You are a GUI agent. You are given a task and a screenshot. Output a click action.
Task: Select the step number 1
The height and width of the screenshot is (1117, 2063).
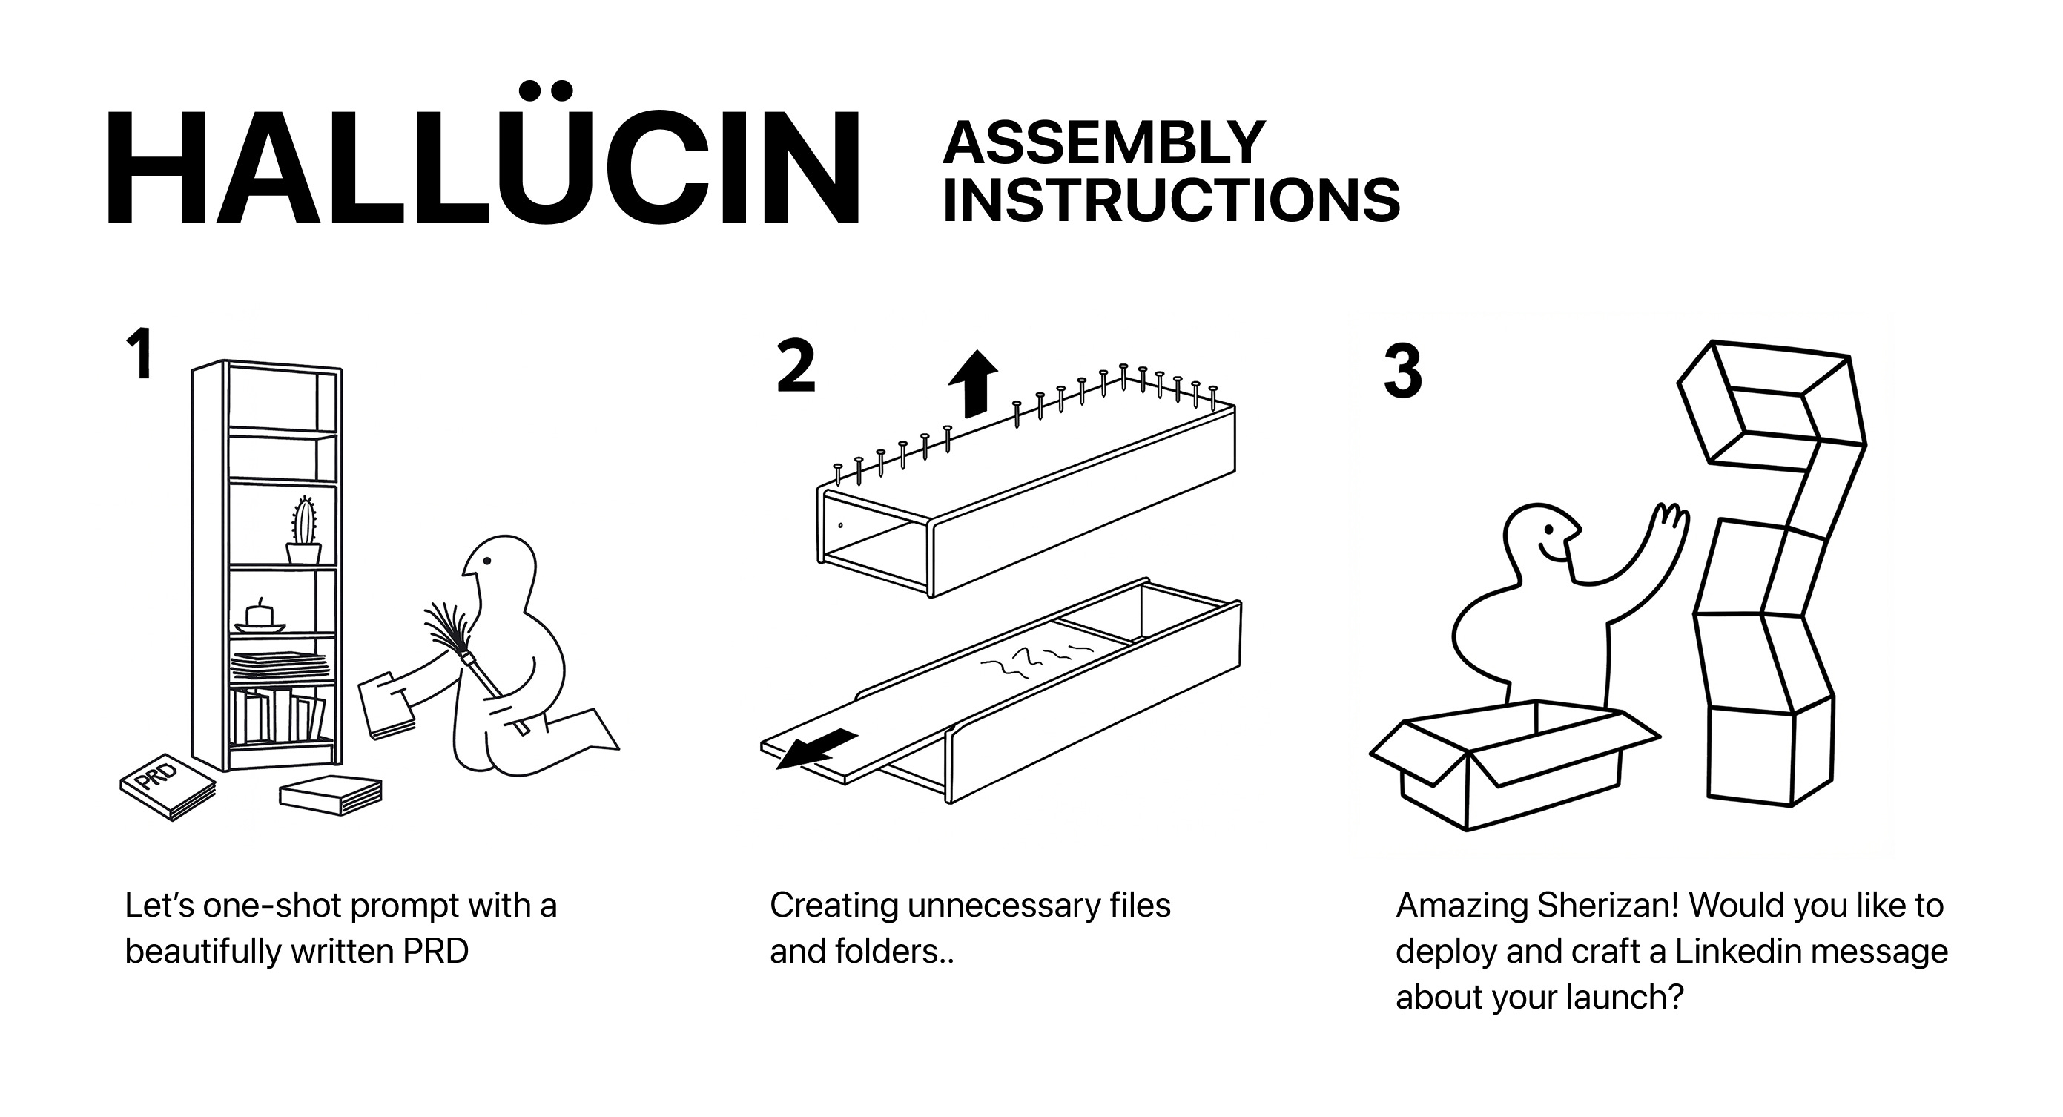tap(141, 355)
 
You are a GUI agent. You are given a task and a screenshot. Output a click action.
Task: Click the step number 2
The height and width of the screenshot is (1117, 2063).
tap(796, 367)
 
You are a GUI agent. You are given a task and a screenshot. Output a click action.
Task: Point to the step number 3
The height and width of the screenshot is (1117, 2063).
tap(1402, 372)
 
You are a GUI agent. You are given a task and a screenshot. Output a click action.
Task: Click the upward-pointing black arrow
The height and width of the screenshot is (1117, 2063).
tap(973, 383)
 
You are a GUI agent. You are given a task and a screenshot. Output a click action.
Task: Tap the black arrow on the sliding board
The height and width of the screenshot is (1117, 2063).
tap(817, 748)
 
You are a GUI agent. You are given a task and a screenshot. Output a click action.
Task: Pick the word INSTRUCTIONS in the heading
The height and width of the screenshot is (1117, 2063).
tap(1171, 200)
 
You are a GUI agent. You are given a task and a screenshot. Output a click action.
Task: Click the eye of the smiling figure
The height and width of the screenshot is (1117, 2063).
tap(1551, 530)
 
